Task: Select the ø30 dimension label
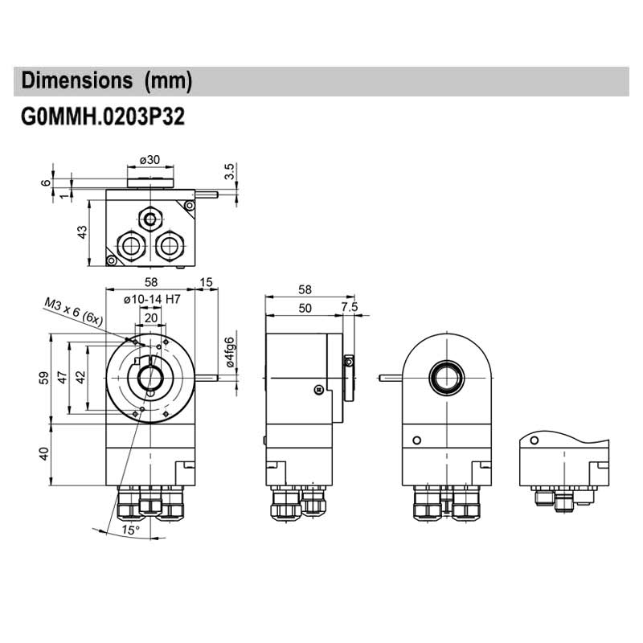[x=149, y=159]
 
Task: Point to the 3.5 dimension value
[x=229, y=170]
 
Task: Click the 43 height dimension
[x=81, y=232]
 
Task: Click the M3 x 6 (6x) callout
[x=74, y=309]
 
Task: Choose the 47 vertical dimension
[x=62, y=378]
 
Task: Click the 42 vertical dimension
[x=80, y=378]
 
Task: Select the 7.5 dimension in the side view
[x=349, y=307]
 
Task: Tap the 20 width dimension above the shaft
[x=150, y=317]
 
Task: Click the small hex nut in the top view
[x=149, y=218]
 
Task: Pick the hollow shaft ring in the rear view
[x=446, y=375]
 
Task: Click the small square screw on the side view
[x=319, y=390]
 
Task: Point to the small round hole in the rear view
[x=416, y=440]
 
